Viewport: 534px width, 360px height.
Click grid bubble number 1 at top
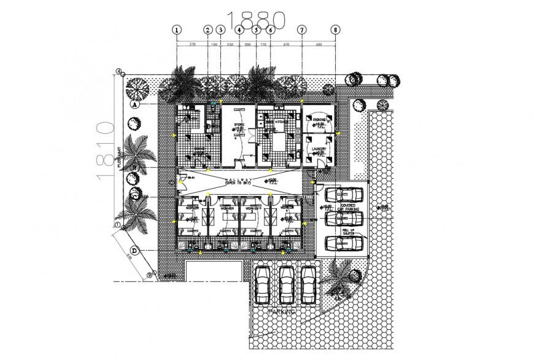pos(177,29)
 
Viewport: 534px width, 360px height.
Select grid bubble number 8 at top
pos(335,29)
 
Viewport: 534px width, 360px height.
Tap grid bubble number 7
pos(301,29)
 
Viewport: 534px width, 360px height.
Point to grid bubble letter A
pos(133,104)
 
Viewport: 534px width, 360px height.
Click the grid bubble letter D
pos(133,251)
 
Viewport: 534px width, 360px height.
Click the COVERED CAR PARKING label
pos(344,208)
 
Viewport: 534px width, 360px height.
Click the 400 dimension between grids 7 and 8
pos(318,45)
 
